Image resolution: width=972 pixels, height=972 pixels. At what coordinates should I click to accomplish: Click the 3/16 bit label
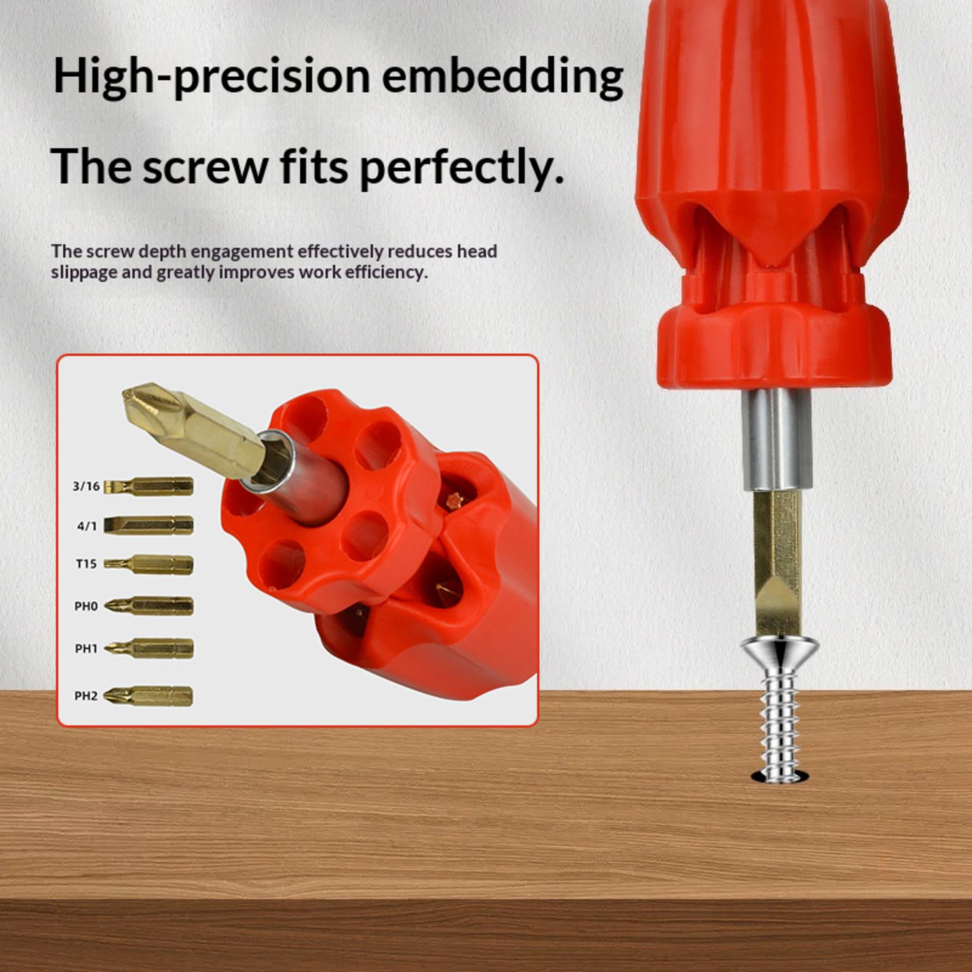(86, 486)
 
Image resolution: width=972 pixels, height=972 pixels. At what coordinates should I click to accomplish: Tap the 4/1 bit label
(87, 525)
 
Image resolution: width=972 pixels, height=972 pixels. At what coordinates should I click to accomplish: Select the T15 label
(86, 564)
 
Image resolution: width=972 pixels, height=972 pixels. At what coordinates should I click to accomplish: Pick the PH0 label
(86, 606)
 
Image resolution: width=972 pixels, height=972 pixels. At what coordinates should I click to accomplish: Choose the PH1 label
(86, 649)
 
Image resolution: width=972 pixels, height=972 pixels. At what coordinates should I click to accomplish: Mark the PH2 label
(86, 696)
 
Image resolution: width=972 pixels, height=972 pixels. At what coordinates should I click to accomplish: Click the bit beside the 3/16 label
(149, 486)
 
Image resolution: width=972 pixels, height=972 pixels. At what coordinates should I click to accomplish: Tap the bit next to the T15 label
(149, 564)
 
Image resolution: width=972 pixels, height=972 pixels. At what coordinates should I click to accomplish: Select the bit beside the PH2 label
(148, 696)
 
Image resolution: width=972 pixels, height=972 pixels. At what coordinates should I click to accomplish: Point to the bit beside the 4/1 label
(149, 525)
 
